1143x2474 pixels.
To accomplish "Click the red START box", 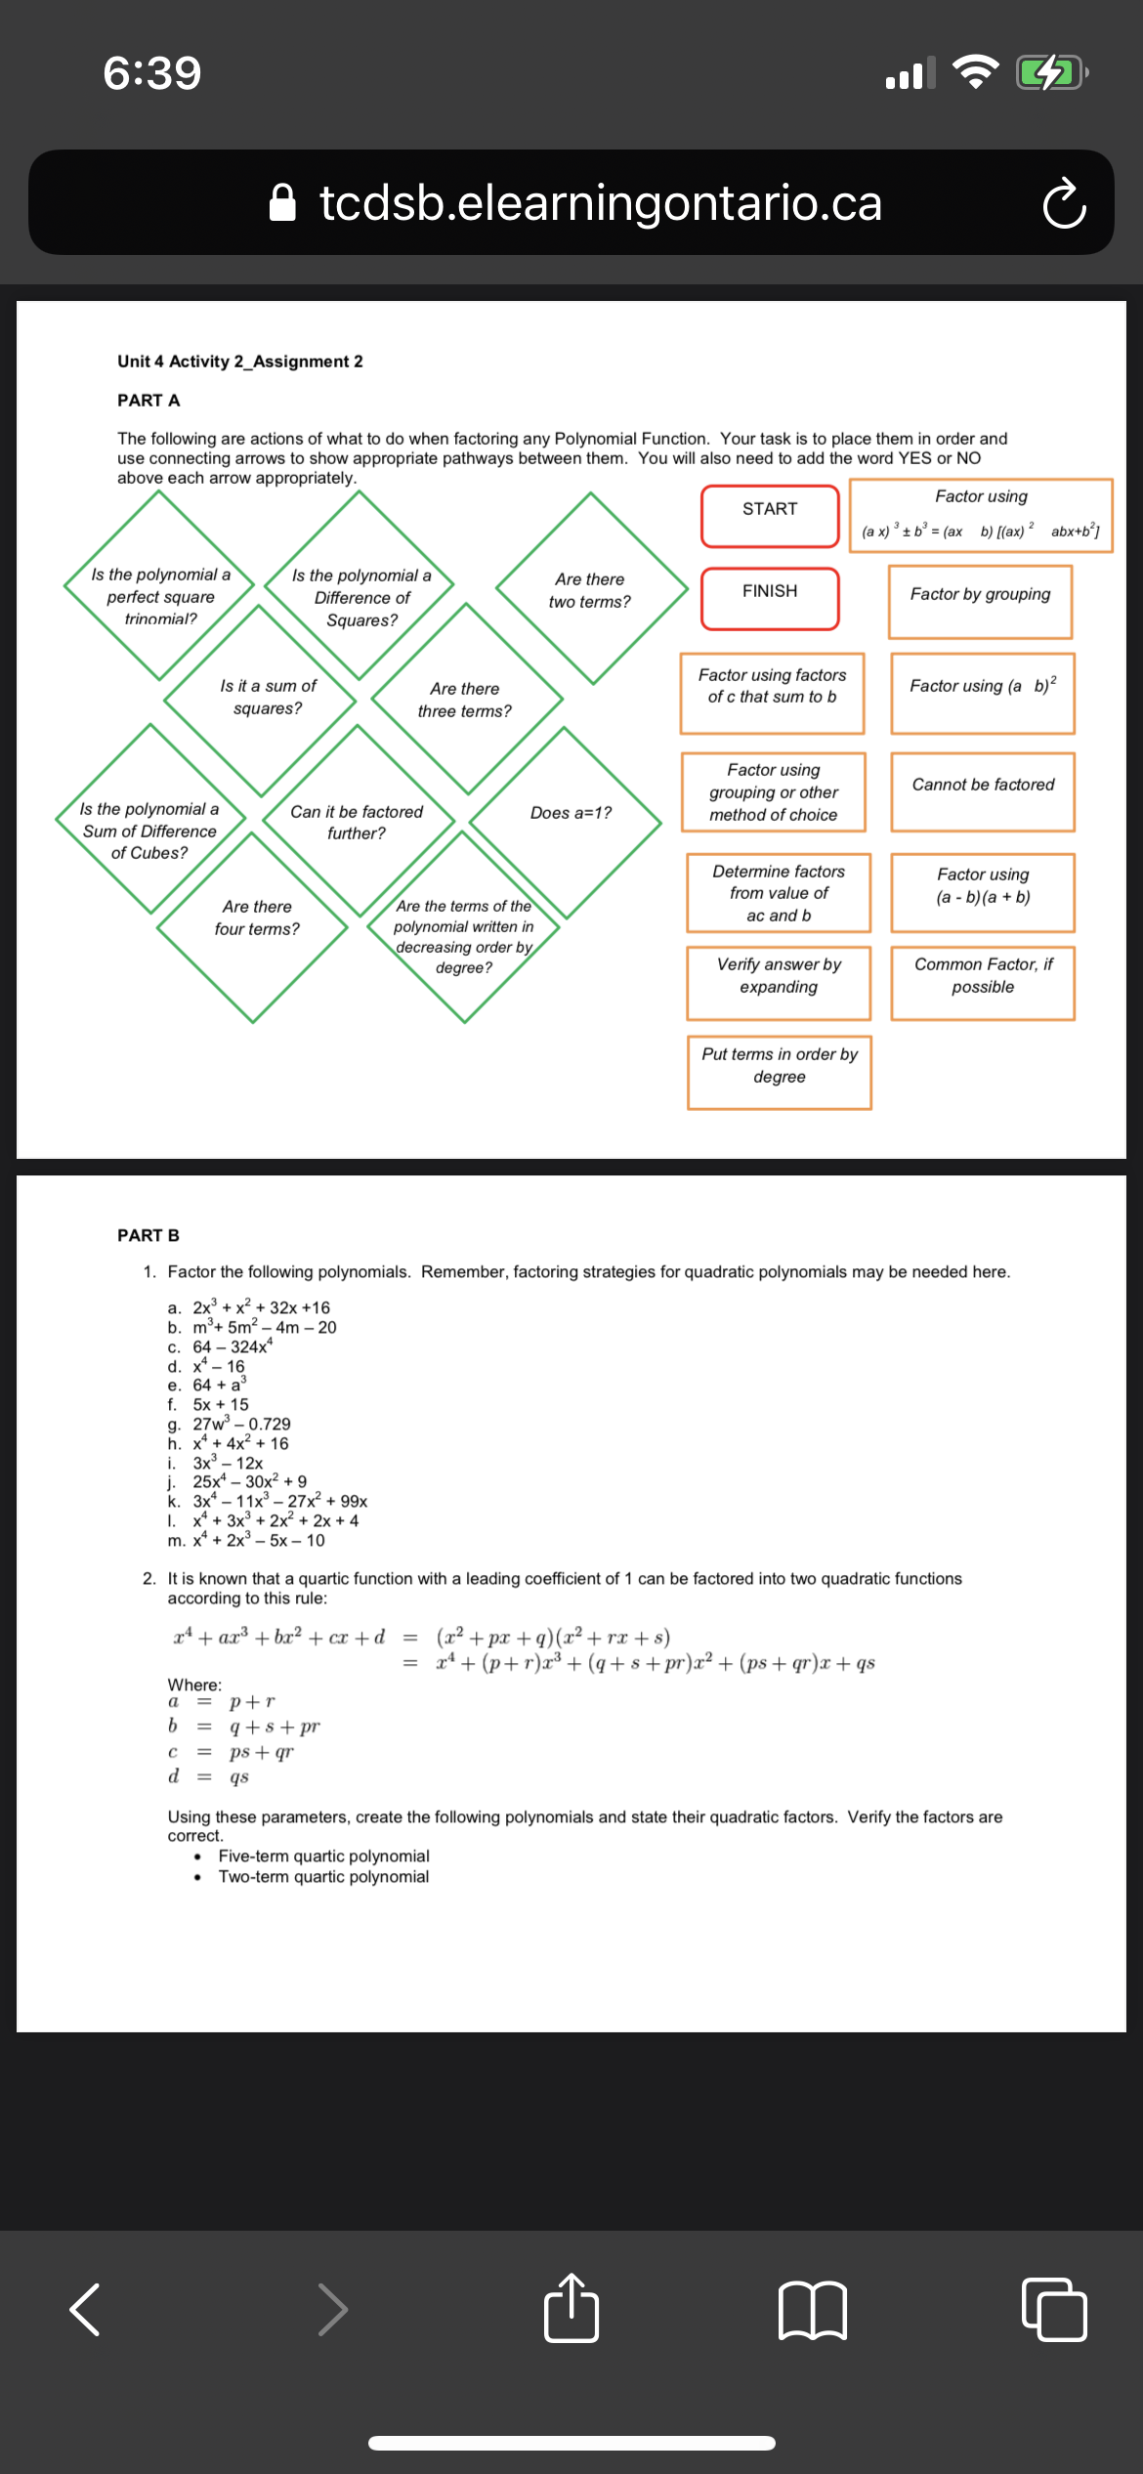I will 770,515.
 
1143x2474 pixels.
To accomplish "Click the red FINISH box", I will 770,597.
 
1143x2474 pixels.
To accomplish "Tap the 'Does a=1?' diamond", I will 570,813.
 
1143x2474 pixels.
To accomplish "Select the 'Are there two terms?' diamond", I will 590,589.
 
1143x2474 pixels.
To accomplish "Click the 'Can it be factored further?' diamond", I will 357,821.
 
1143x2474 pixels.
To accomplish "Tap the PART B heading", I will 148,1235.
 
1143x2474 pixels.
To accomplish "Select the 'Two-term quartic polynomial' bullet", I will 323,1876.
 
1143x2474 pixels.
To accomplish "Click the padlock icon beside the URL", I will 282,203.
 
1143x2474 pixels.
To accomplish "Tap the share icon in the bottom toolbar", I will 571,2309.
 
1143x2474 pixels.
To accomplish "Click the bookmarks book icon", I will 812,2311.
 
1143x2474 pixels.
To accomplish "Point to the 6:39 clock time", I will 152,73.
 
